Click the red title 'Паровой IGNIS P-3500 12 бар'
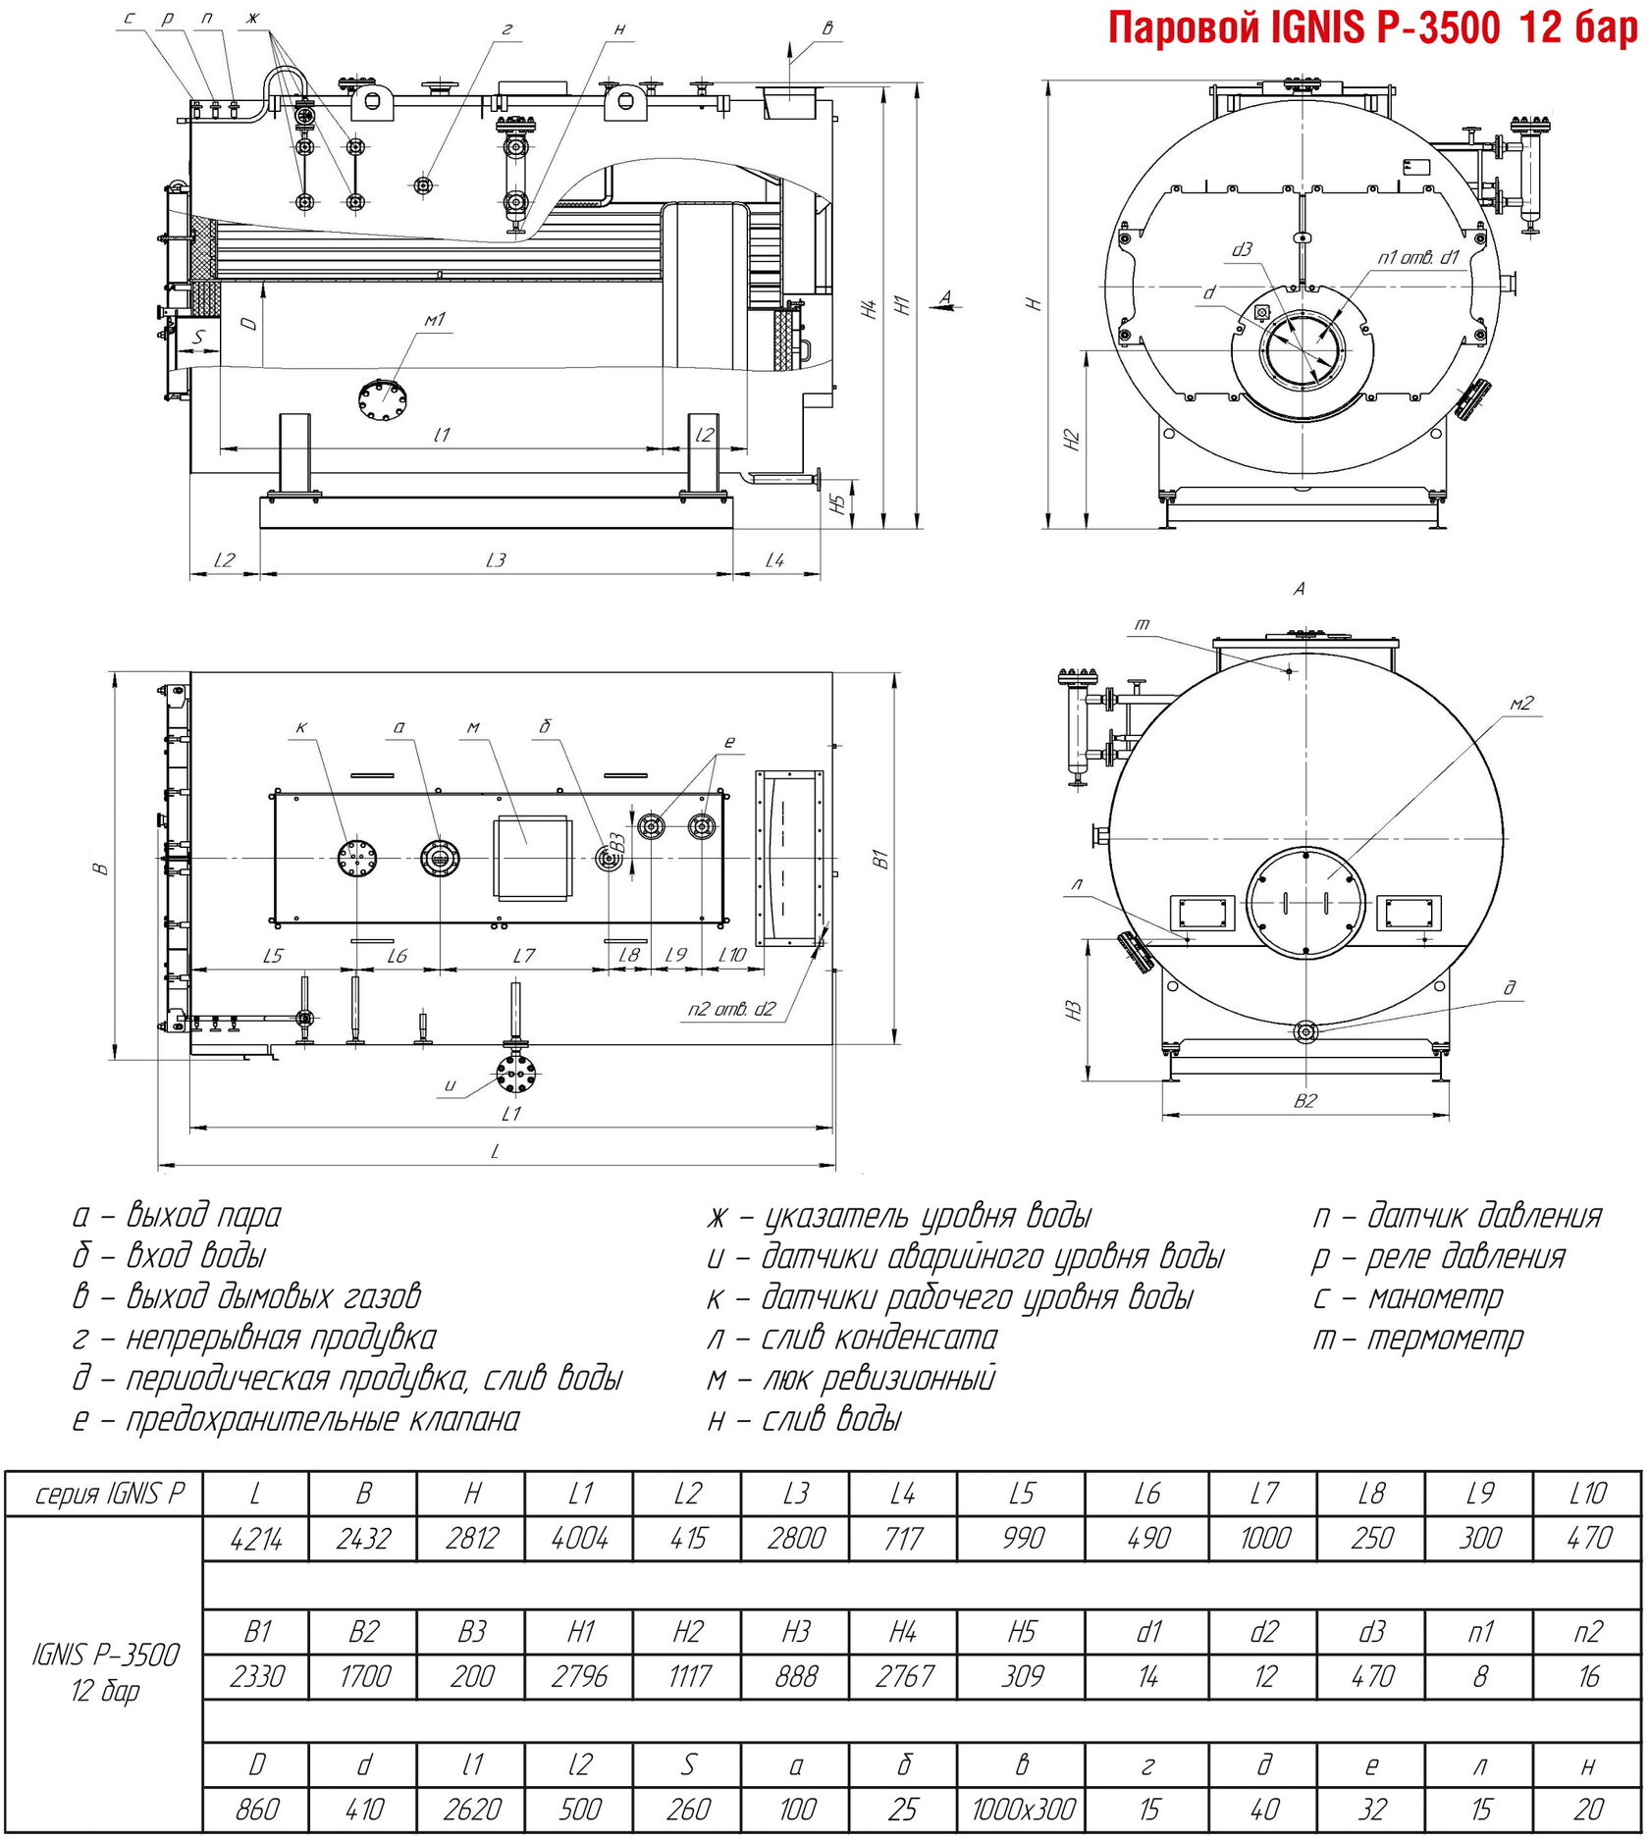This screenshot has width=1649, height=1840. click(1373, 29)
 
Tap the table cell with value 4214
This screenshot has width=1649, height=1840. click(255, 1538)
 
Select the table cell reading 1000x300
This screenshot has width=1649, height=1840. click(1022, 1808)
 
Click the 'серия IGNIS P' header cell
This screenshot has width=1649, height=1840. click(109, 1494)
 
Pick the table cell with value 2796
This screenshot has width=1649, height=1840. click(579, 1676)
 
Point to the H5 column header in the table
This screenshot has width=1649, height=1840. click(1022, 1631)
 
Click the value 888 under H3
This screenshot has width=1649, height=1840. click(795, 1676)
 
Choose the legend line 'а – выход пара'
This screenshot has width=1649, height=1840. click(177, 1215)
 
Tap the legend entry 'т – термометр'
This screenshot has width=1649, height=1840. click(1418, 1338)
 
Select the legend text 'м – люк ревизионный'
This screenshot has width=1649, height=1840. click(851, 1378)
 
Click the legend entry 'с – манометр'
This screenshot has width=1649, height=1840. click(1409, 1297)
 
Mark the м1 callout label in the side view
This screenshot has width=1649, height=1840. click(434, 320)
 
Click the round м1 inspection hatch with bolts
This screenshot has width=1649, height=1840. click(384, 399)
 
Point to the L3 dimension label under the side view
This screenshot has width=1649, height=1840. click(496, 559)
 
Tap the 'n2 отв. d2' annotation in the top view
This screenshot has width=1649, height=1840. click(731, 1008)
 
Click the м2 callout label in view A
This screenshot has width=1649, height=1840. click(1520, 703)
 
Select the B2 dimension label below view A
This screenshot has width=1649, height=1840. click(1304, 1100)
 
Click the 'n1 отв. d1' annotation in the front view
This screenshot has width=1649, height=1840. click(1418, 257)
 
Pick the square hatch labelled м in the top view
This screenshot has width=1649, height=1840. click(531, 857)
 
